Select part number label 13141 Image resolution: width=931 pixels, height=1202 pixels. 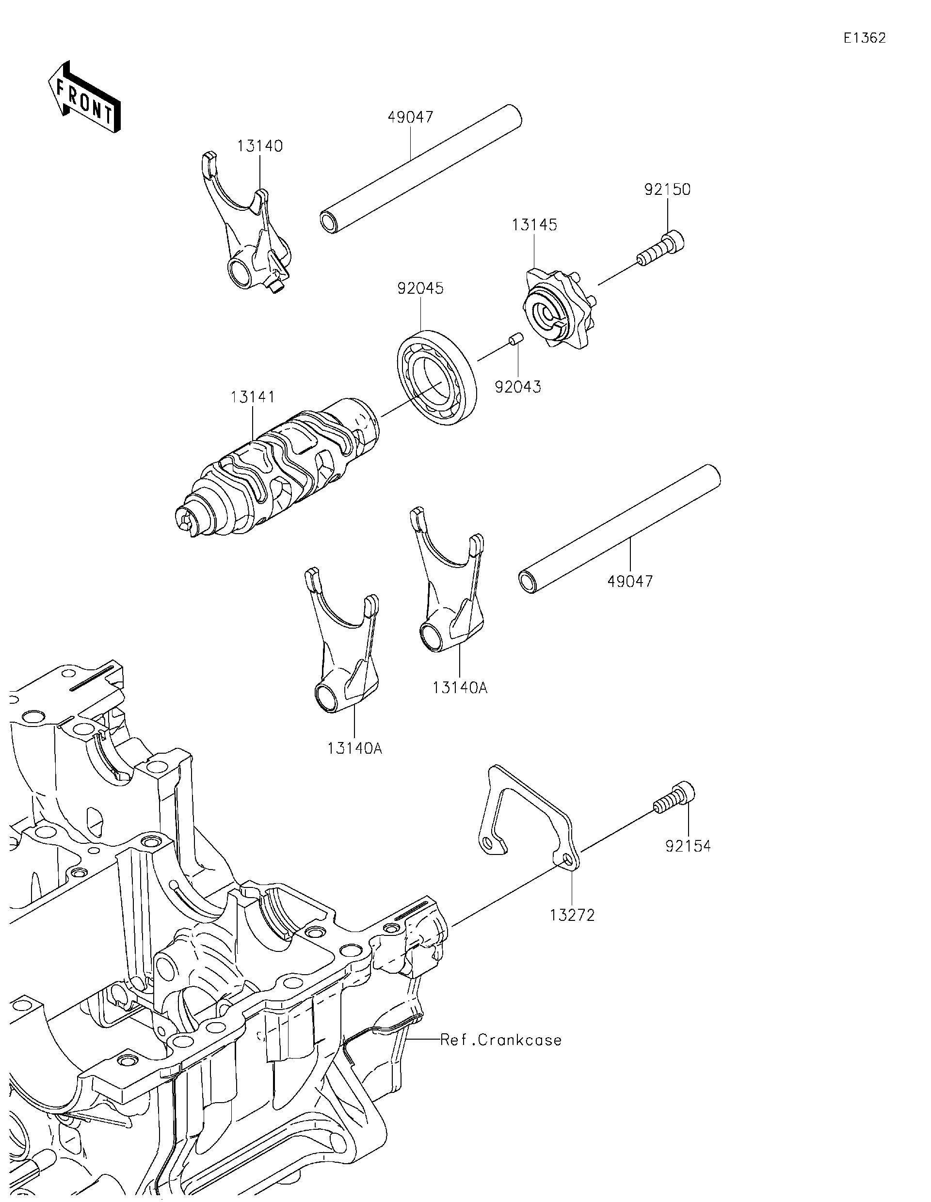tap(253, 397)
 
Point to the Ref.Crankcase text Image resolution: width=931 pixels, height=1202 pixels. tap(501, 1040)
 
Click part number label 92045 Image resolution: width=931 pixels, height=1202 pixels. tap(420, 288)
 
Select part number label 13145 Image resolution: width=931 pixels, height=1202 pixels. tap(534, 224)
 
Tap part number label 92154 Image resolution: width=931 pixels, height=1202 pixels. tap(688, 846)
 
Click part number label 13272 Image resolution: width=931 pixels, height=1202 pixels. tap(572, 915)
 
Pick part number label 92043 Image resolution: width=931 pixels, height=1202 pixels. tap(517, 387)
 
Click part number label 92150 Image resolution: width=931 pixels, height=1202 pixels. tap(667, 190)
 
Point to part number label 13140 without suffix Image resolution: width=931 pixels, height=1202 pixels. tap(260, 146)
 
